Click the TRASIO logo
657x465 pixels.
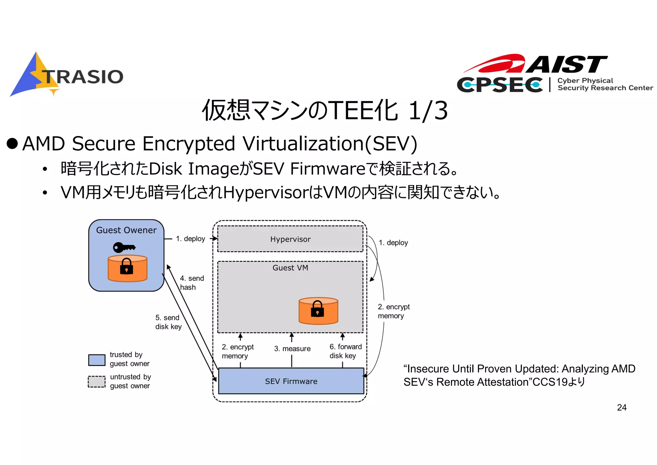tap(67, 75)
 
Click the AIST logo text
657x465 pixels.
tap(566, 64)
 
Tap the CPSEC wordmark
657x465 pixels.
tap(500, 85)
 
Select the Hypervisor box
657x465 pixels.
tap(290, 239)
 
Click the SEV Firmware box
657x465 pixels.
tap(291, 381)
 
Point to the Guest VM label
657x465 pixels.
tap(290, 268)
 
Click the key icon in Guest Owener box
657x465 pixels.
tap(124, 247)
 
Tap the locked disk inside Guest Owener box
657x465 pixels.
tap(127, 268)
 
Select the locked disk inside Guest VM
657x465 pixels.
tap(318, 311)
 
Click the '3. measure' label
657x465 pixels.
tap(292, 349)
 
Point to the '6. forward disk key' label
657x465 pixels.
tap(345, 351)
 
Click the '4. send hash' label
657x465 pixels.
tap(192, 283)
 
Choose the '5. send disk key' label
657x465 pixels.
tap(168, 322)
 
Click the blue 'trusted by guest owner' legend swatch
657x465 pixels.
tap(97, 360)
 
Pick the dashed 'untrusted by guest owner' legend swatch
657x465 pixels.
tap(97, 382)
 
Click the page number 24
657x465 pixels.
tap(621, 408)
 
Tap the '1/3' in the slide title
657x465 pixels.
tap(428, 110)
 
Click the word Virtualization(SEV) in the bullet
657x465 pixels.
tap(329, 144)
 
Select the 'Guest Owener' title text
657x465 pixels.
tap(126, 230)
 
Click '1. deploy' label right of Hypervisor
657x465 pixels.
tap(393, 243)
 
